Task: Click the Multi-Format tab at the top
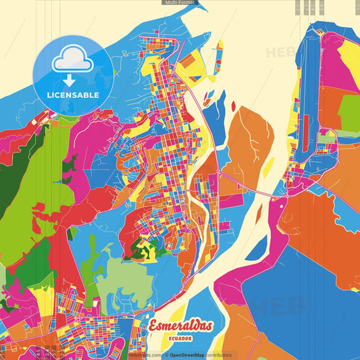pyautogui.click(x=180, y=3)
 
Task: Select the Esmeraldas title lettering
pyautogui.click(x=181, y=326)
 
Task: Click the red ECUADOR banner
pyautogui.click(x=181, y=338)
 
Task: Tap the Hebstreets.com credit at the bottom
pyautogui.click(x=144, y=355)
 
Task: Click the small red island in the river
pyautogui.click(x=233, y=106)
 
